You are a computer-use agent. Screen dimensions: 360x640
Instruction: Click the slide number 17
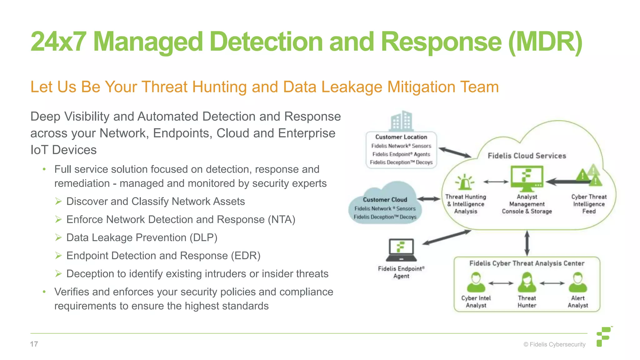tap(34, 344)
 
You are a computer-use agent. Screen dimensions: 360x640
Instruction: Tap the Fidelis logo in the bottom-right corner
tap(604, 337)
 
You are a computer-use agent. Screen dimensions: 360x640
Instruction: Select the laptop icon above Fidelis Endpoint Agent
tap(401, 250)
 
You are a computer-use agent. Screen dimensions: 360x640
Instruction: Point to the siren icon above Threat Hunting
tap(465, 182)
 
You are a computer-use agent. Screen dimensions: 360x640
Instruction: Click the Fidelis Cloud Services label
tap(527, 156)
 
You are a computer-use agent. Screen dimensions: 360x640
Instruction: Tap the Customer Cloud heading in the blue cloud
tap(385, 200)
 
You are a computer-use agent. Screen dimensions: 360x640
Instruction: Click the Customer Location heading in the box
tap(401, 137)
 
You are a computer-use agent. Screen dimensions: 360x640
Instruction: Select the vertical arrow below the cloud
tap(527, 243)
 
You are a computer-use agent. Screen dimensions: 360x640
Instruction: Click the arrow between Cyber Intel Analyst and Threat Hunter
tap(501, 283)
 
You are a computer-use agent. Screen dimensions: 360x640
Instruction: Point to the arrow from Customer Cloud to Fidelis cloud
tap(428, 199)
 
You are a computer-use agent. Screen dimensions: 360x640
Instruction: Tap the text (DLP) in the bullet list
tap(203, 237)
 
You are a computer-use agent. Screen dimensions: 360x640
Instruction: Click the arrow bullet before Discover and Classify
tap(58, 201)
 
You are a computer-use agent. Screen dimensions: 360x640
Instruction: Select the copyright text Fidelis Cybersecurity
tap(554, 344)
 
